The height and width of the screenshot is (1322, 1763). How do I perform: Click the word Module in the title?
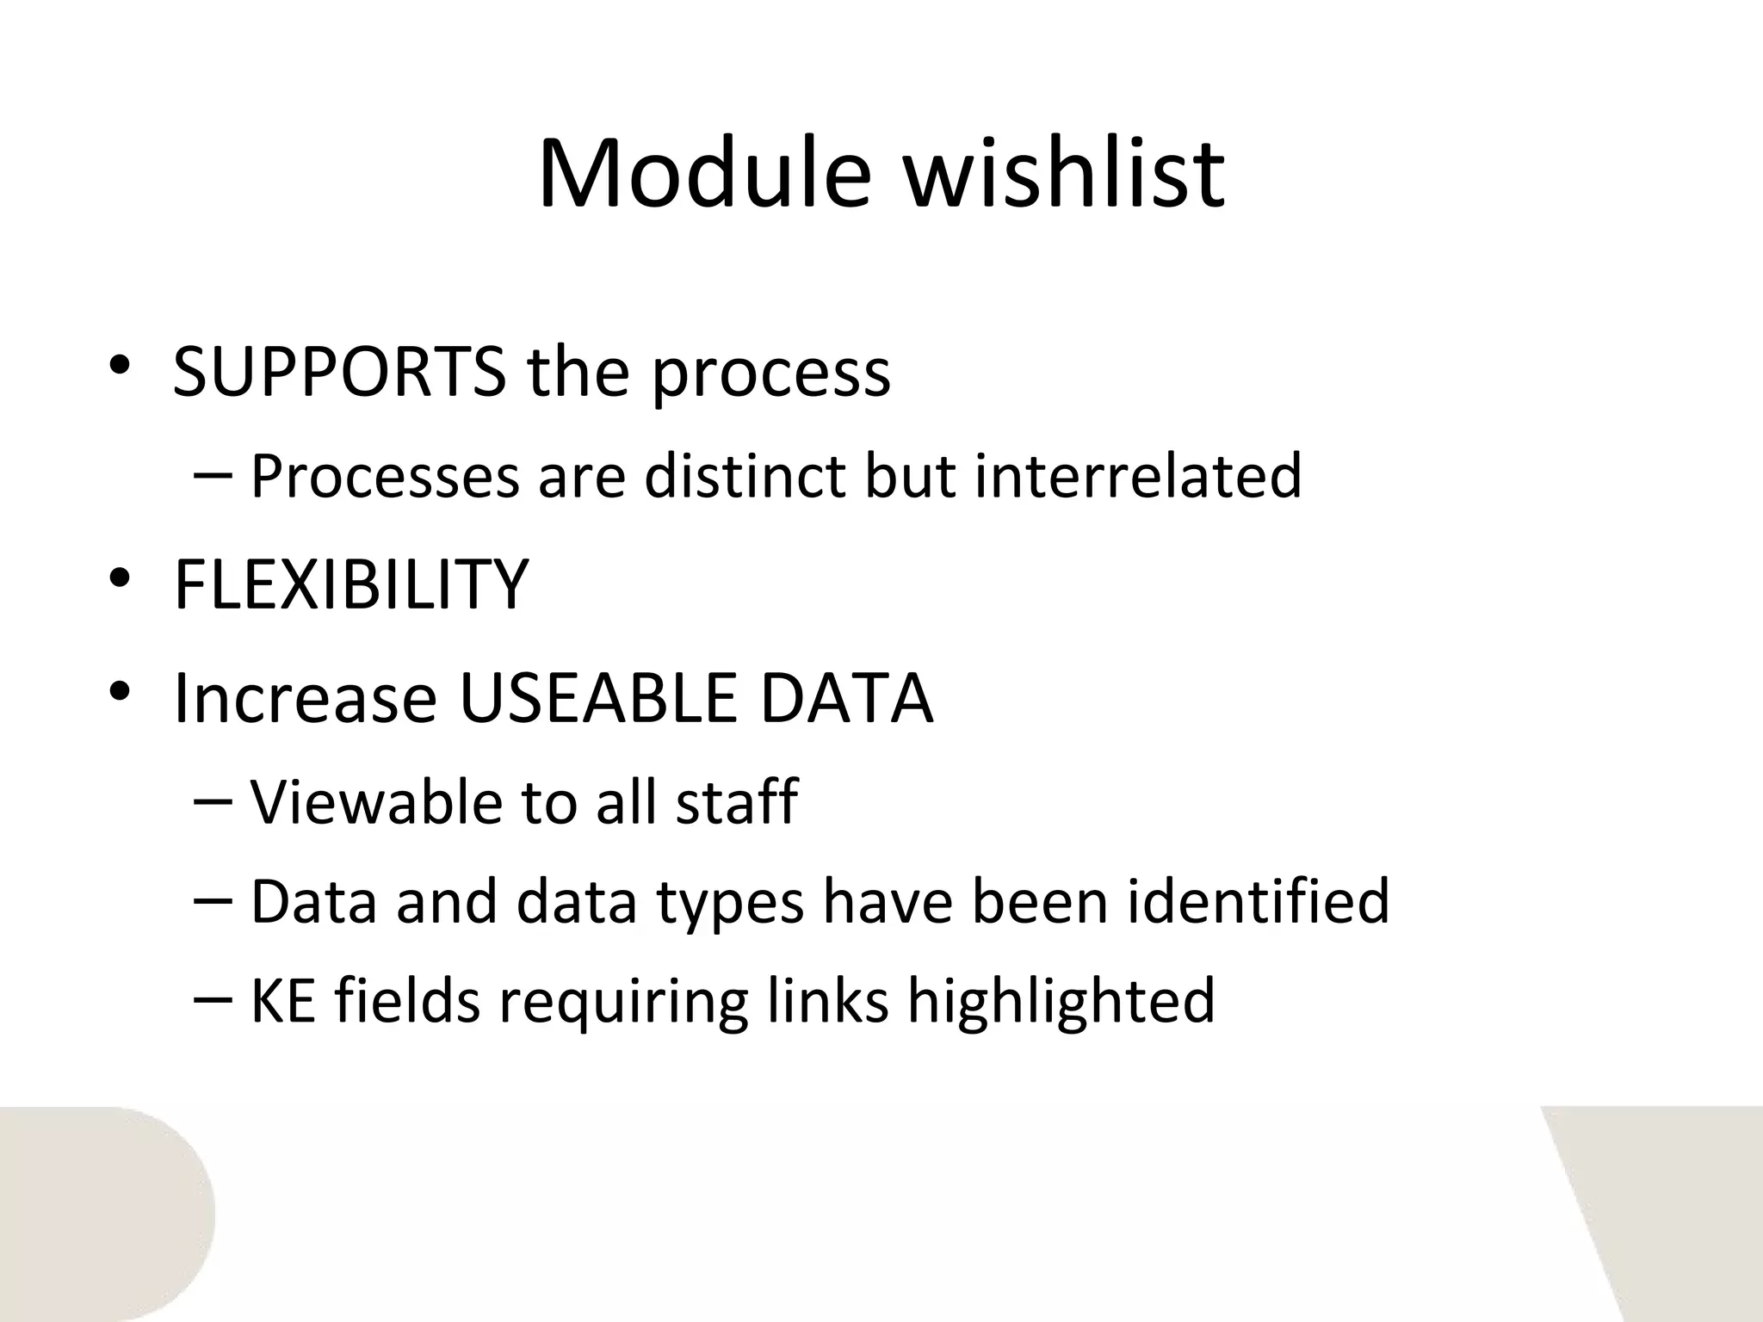coord(704,174)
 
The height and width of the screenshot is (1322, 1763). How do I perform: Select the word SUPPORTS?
coord(339,373)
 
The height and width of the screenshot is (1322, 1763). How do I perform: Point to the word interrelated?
coord(1138,476)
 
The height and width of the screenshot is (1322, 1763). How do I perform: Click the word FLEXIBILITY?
coord(351,584)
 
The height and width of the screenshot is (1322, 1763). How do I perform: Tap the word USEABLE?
coord(598,698)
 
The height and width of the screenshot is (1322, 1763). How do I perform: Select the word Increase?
coord(306,698)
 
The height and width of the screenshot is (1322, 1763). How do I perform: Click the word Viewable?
coord(375,801)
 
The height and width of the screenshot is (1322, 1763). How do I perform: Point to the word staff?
coord(736,801)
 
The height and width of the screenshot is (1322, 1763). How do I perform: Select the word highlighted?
coord(1061,1003)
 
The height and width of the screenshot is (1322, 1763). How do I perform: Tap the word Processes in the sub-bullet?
coord(385,476)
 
